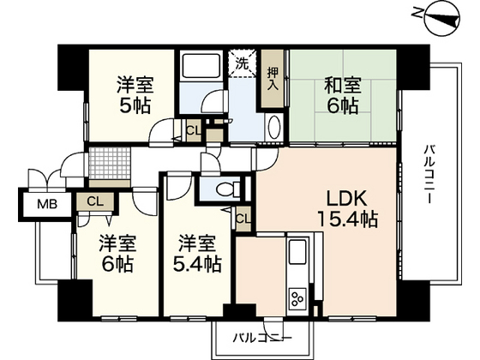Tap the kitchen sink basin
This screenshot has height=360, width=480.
(x=298, y=255)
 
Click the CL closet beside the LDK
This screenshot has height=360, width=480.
(x=243, y=218)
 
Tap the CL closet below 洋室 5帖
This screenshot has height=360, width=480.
(x=193, y=131)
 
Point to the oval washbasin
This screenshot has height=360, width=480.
(x=274, y=128)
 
